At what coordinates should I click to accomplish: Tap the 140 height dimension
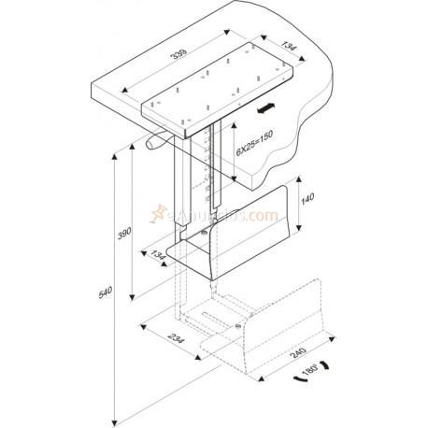click(309, 199)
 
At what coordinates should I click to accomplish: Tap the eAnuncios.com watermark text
click(235, 217)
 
